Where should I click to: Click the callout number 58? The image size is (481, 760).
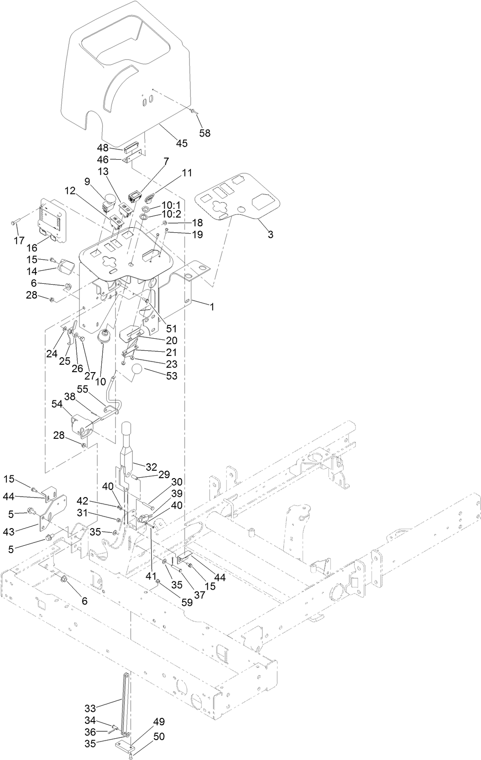click(x=204, y=133)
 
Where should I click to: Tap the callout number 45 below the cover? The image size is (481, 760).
click(x=182, y=143)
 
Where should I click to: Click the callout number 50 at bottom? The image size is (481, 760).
click(x=159, y=736)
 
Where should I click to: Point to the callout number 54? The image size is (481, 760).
click(x=57, y=404)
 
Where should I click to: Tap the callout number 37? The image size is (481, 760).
click(x=199, y=595)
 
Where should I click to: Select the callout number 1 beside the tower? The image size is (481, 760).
click(x=212, y=306)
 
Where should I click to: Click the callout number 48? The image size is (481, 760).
click(x=102, y=148)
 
